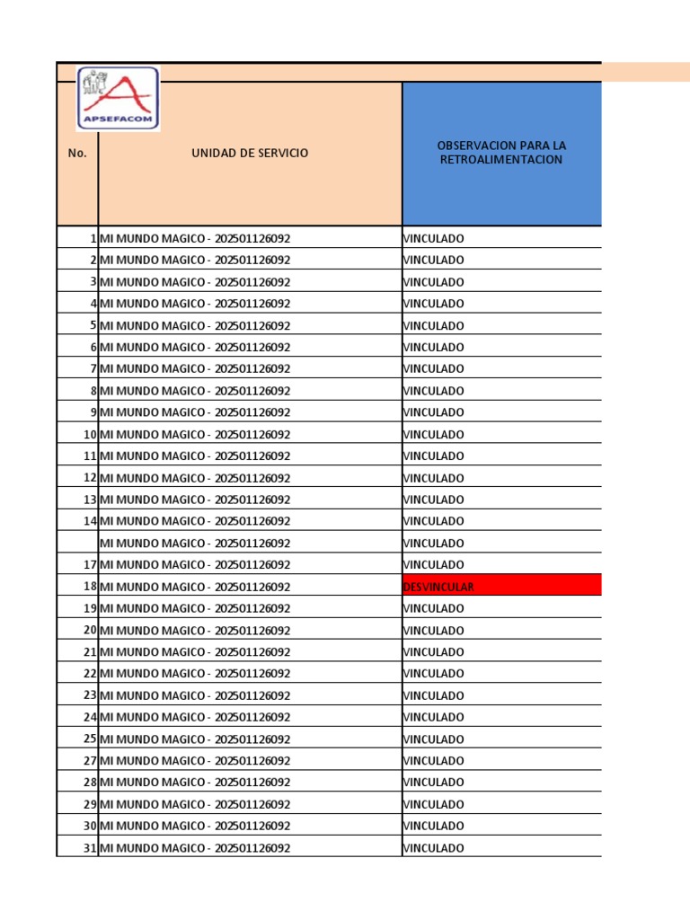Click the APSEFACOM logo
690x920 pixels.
(118, 99)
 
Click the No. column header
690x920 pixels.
(77, 154)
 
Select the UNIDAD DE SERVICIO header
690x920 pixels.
(250, 154)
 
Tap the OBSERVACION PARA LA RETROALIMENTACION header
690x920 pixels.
(501, 153)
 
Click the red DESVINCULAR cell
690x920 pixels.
(501, 587)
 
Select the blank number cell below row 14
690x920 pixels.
(77, 543)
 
